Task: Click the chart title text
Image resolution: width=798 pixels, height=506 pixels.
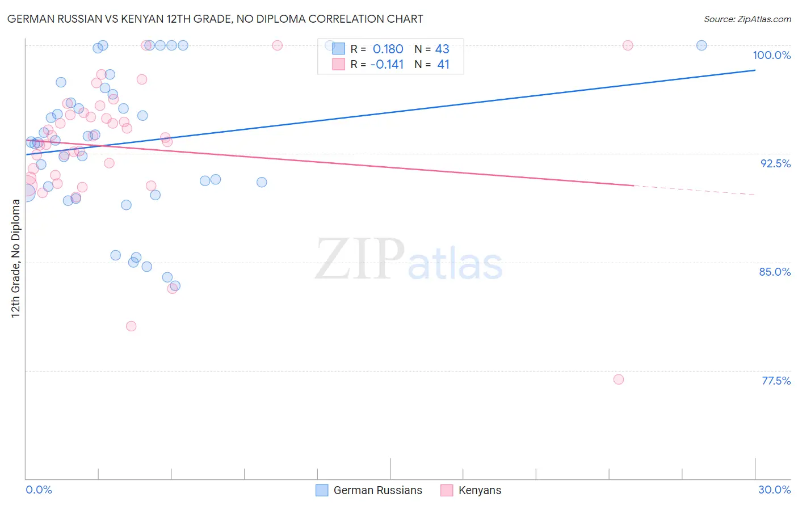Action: click(x=215, y=19)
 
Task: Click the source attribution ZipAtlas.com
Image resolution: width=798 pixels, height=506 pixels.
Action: click(x=747, y=19)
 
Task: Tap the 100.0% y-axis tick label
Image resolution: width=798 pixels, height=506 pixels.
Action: click(x=771, y=55)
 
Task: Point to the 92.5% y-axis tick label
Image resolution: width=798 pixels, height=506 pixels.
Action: click(x=775, y=163)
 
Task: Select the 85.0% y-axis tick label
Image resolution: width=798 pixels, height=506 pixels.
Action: click(x=775, y=272)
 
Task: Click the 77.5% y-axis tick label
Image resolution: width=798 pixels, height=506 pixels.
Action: click(x=776, y=381)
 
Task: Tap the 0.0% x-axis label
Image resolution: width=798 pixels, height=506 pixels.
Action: click(x=39, y=490)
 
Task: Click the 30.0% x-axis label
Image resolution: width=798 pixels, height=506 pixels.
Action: click(x=774, y=490)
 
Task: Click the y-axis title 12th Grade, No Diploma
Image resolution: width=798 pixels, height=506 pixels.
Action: click(x=16, y=258)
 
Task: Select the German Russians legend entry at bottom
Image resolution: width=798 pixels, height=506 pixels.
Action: click(x=369, y=490)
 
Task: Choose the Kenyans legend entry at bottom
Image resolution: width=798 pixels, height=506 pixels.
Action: click(x=471, y=490)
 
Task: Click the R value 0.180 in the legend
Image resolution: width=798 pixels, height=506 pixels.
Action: click(x=388, y=49)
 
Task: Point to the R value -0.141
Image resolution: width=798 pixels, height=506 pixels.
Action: click(x=387, y=65)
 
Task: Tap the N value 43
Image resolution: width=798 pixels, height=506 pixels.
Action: click(x=442, y=49)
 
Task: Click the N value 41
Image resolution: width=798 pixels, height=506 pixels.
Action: click(x=443, y=65)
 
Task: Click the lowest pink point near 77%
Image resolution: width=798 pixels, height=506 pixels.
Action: click(x=619, y=379)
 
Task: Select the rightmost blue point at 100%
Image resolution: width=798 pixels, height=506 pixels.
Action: click(x=702, y=45)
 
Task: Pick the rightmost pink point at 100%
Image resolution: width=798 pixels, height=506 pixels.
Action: click(x=628, y=45)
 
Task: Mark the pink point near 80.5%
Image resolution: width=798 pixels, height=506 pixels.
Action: click(x=131, y=326)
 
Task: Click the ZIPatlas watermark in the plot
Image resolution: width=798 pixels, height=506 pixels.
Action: click(x=409, y=260)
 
